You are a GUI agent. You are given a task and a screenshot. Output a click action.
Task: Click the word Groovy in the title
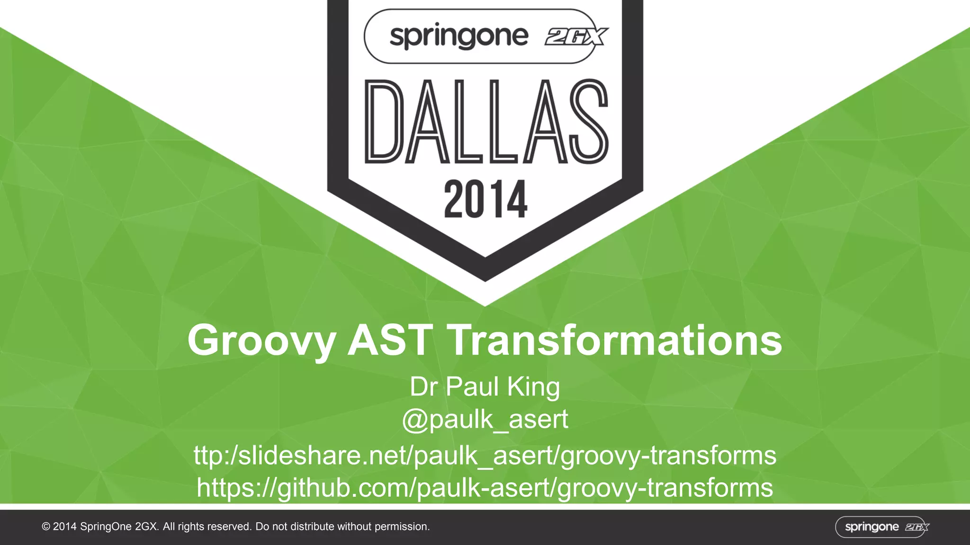click(261, 341)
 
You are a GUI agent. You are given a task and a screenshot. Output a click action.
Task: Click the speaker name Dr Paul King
click(485, 387)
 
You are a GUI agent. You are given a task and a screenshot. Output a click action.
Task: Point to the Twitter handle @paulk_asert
click(485, 419)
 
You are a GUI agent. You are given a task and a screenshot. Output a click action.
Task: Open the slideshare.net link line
click(485, 456)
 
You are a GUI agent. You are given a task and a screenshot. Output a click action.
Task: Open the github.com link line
click(485, 488)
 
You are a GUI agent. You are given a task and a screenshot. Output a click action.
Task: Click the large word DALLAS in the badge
click(485, 122)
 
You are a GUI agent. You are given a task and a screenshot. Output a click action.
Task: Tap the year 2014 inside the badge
click(485, 199)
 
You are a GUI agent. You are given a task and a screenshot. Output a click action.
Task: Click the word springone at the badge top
click(458, 36)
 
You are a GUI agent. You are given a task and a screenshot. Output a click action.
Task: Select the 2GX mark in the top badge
click(576, 37)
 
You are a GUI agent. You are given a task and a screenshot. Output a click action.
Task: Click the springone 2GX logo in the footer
click(882, 527)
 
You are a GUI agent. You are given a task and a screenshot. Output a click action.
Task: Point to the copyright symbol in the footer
click(46, 527)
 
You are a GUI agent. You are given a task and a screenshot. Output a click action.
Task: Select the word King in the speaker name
click(533, 387)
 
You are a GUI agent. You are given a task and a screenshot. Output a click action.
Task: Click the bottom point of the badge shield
click(485, 279)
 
